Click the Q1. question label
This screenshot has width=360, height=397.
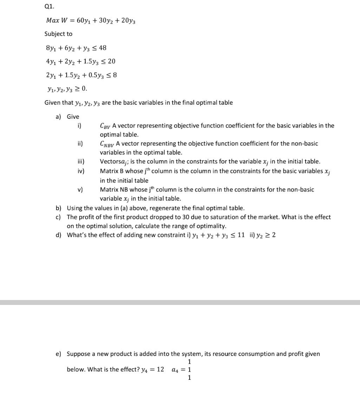pyautogui.click(x=50, y=6)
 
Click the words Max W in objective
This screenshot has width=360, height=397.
pyautogui.click(x=57, y=20)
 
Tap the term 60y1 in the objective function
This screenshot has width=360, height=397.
pyautogui.click(x=85, y=20)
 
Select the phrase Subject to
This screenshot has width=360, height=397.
pyautogui.click(x=58, y=34)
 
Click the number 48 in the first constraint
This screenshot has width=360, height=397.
pyautogui.click(x=103, y=48)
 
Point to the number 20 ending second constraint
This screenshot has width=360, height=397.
pyautogui.click(x=111, y=61)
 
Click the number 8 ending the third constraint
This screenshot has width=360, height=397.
pyautogui.click(x=114, y=75)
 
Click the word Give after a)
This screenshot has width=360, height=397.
pyautogui.click(x=73, y=117)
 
